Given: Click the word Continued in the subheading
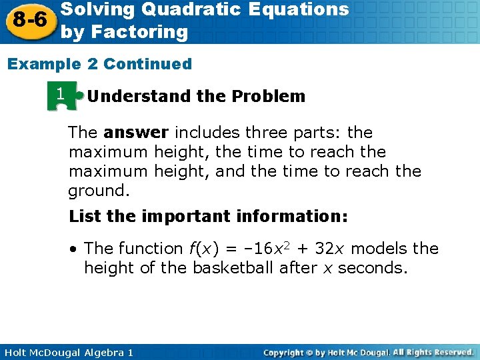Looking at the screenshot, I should point(147,64).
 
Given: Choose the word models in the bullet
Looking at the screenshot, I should point(379,249).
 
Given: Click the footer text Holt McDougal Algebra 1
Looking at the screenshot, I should point(67,352).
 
